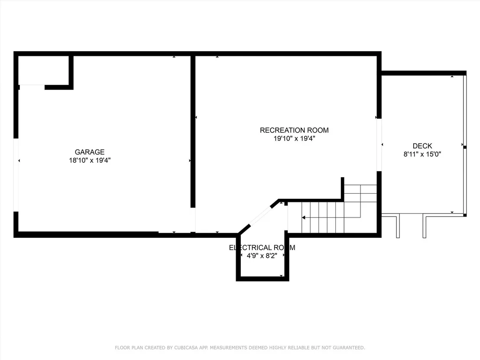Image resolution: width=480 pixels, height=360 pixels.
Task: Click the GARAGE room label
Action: (x=89, y=152)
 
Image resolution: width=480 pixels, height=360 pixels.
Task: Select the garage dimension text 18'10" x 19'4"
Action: (x=90, y=160)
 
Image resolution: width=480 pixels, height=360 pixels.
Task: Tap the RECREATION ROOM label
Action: (x=294, y=130)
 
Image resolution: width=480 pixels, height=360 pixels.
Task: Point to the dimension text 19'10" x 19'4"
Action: (x=294, y=138)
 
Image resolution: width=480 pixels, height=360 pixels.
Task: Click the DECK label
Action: (x=422, y=146)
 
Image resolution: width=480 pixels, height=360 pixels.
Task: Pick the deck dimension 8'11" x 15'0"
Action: (x=422, y=154)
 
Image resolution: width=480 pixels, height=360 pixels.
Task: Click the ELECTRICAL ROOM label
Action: (x=262, y=247)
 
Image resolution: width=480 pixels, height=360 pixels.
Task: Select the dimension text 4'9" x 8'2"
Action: (x=262, y=256)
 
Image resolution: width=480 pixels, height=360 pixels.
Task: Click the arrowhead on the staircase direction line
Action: (x=303, y=217)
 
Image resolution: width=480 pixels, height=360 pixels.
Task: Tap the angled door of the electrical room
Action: (x=260, y=216)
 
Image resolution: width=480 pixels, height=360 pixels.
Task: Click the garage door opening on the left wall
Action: (x=16, y=175)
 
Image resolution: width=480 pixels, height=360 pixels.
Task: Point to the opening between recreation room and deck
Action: (x=379, y=145)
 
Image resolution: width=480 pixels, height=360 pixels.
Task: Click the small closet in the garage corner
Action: (x=43, y=70)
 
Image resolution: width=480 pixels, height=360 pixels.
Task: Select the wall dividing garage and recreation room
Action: (x=193, y=132)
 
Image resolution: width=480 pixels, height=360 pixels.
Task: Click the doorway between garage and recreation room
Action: (x=193, y=220)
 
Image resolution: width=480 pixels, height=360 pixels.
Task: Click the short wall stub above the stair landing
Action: (x=343, y=188)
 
